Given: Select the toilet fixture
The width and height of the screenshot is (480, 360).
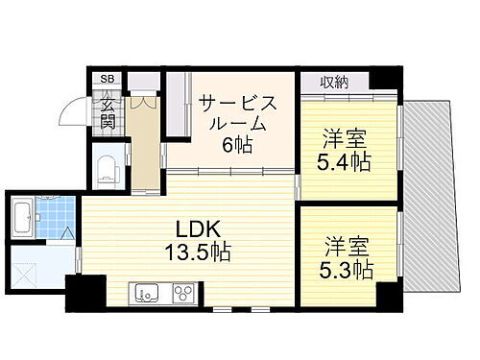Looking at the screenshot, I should click(107, 169).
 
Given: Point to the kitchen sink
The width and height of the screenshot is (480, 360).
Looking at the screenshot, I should click(147, 290).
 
